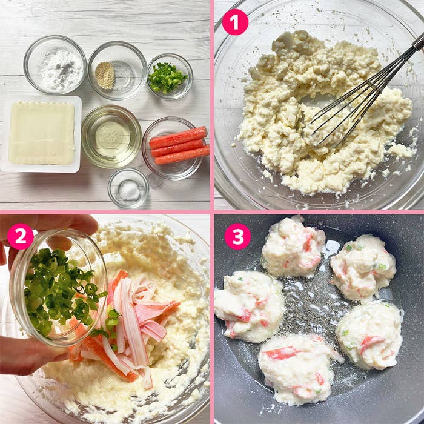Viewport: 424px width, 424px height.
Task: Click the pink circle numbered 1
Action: pos(235,22)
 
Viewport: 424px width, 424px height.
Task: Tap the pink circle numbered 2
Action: pos(21,236)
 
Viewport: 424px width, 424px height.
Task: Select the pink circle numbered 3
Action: pos(237,236)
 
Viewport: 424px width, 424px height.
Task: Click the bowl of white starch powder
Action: pos(55,65)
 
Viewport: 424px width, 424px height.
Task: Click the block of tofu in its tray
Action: pos(41,133)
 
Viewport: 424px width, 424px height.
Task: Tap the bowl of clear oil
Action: pos(111,136)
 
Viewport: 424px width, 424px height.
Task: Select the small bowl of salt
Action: pos(128,188)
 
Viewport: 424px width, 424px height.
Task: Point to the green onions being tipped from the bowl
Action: pos(58,291)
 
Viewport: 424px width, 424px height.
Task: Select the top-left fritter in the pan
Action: pos(293,248)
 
